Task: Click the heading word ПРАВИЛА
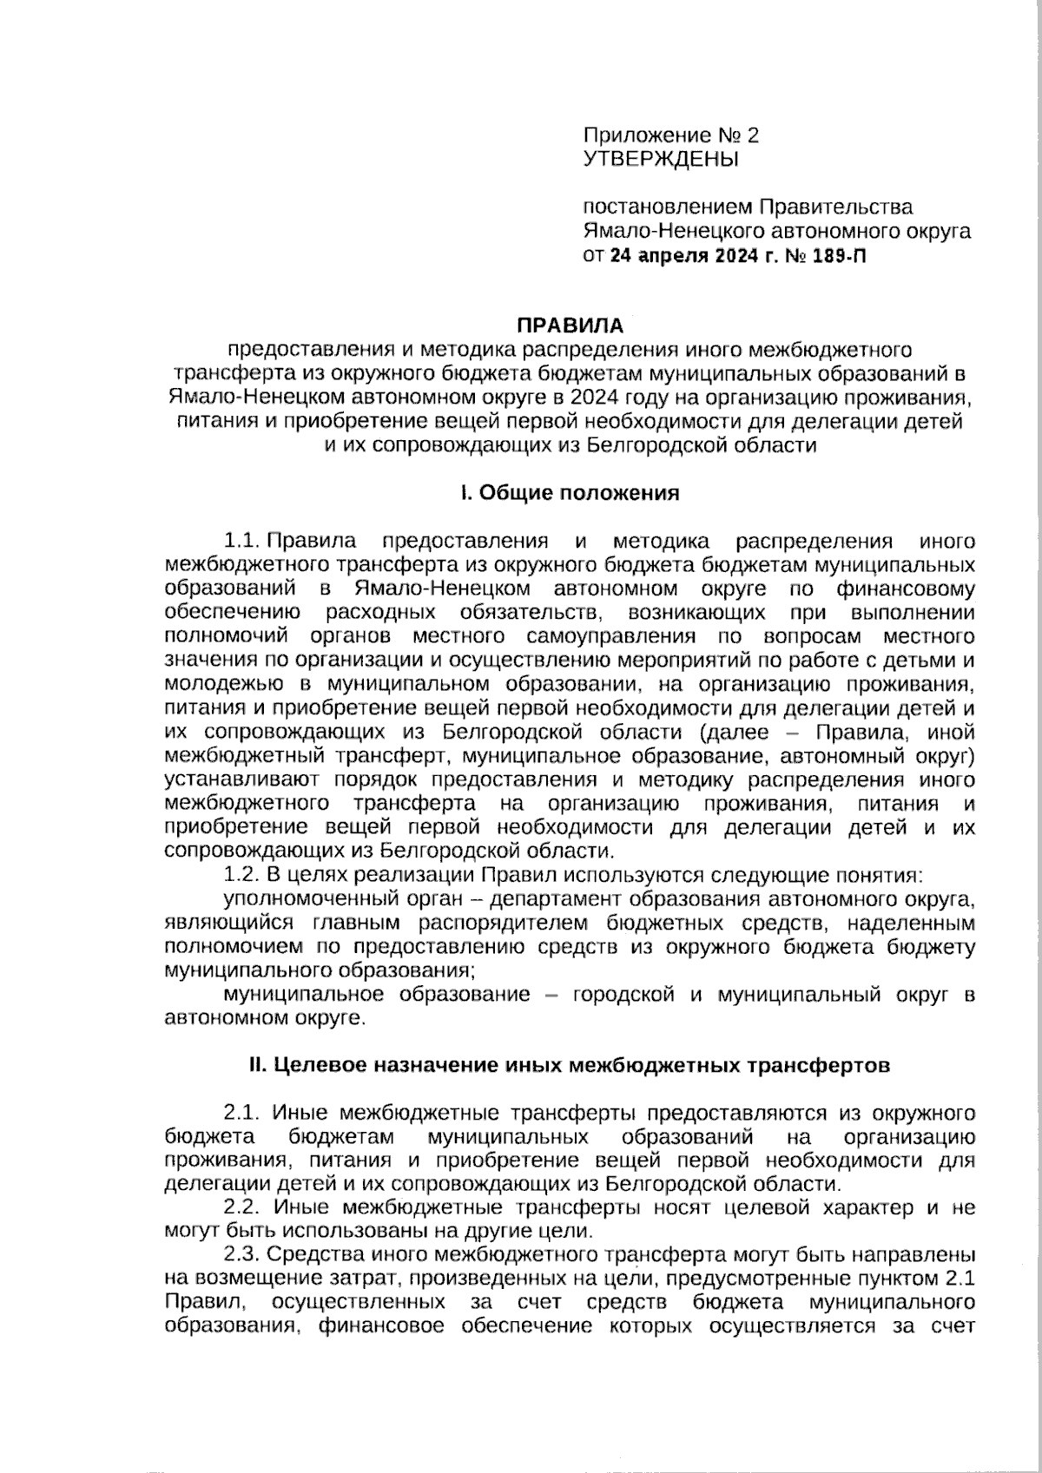(570, 326)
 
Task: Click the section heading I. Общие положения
(570, 493)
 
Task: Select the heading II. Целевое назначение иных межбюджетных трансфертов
(570, 1065)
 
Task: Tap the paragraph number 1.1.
(242, 542)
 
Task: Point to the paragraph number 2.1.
(242, 1113)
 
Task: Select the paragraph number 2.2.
(242, 1207)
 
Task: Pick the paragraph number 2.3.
(242, 1255)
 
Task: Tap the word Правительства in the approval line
(836, 207)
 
